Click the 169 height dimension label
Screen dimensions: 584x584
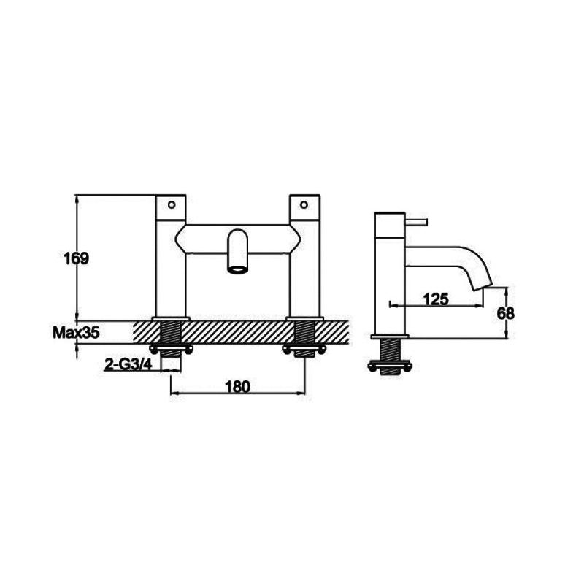pos(77,258)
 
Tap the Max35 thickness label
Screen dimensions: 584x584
pos(76,333)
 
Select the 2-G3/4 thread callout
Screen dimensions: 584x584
pos(128,365)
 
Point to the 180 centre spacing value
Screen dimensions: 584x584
pos(237,386)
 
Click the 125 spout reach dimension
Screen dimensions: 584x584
pos(436,299)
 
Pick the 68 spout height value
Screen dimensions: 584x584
pos(505,313)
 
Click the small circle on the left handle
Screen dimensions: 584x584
pos(172,204)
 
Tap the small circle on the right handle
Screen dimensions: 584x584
pos(304,204)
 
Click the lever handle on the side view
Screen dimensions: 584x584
pos(416,223)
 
